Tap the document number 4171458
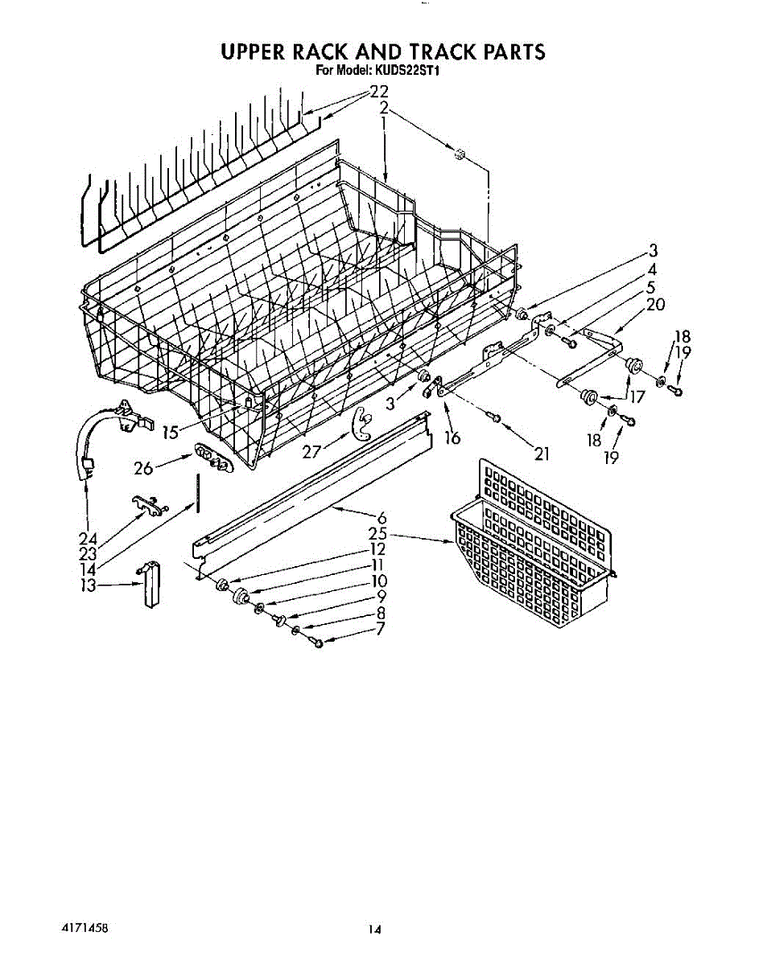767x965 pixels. click(85, 927)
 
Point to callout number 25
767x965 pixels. click(377, 534)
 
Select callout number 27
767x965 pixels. click(312, 452)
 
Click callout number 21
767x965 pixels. click(541, 454)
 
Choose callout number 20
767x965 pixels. click(654, 304)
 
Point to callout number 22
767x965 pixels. click(378, 92)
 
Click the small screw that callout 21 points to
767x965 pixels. click(495, 417)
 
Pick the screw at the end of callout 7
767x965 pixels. click(317, 643)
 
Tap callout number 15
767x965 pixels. click(171, 433)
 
